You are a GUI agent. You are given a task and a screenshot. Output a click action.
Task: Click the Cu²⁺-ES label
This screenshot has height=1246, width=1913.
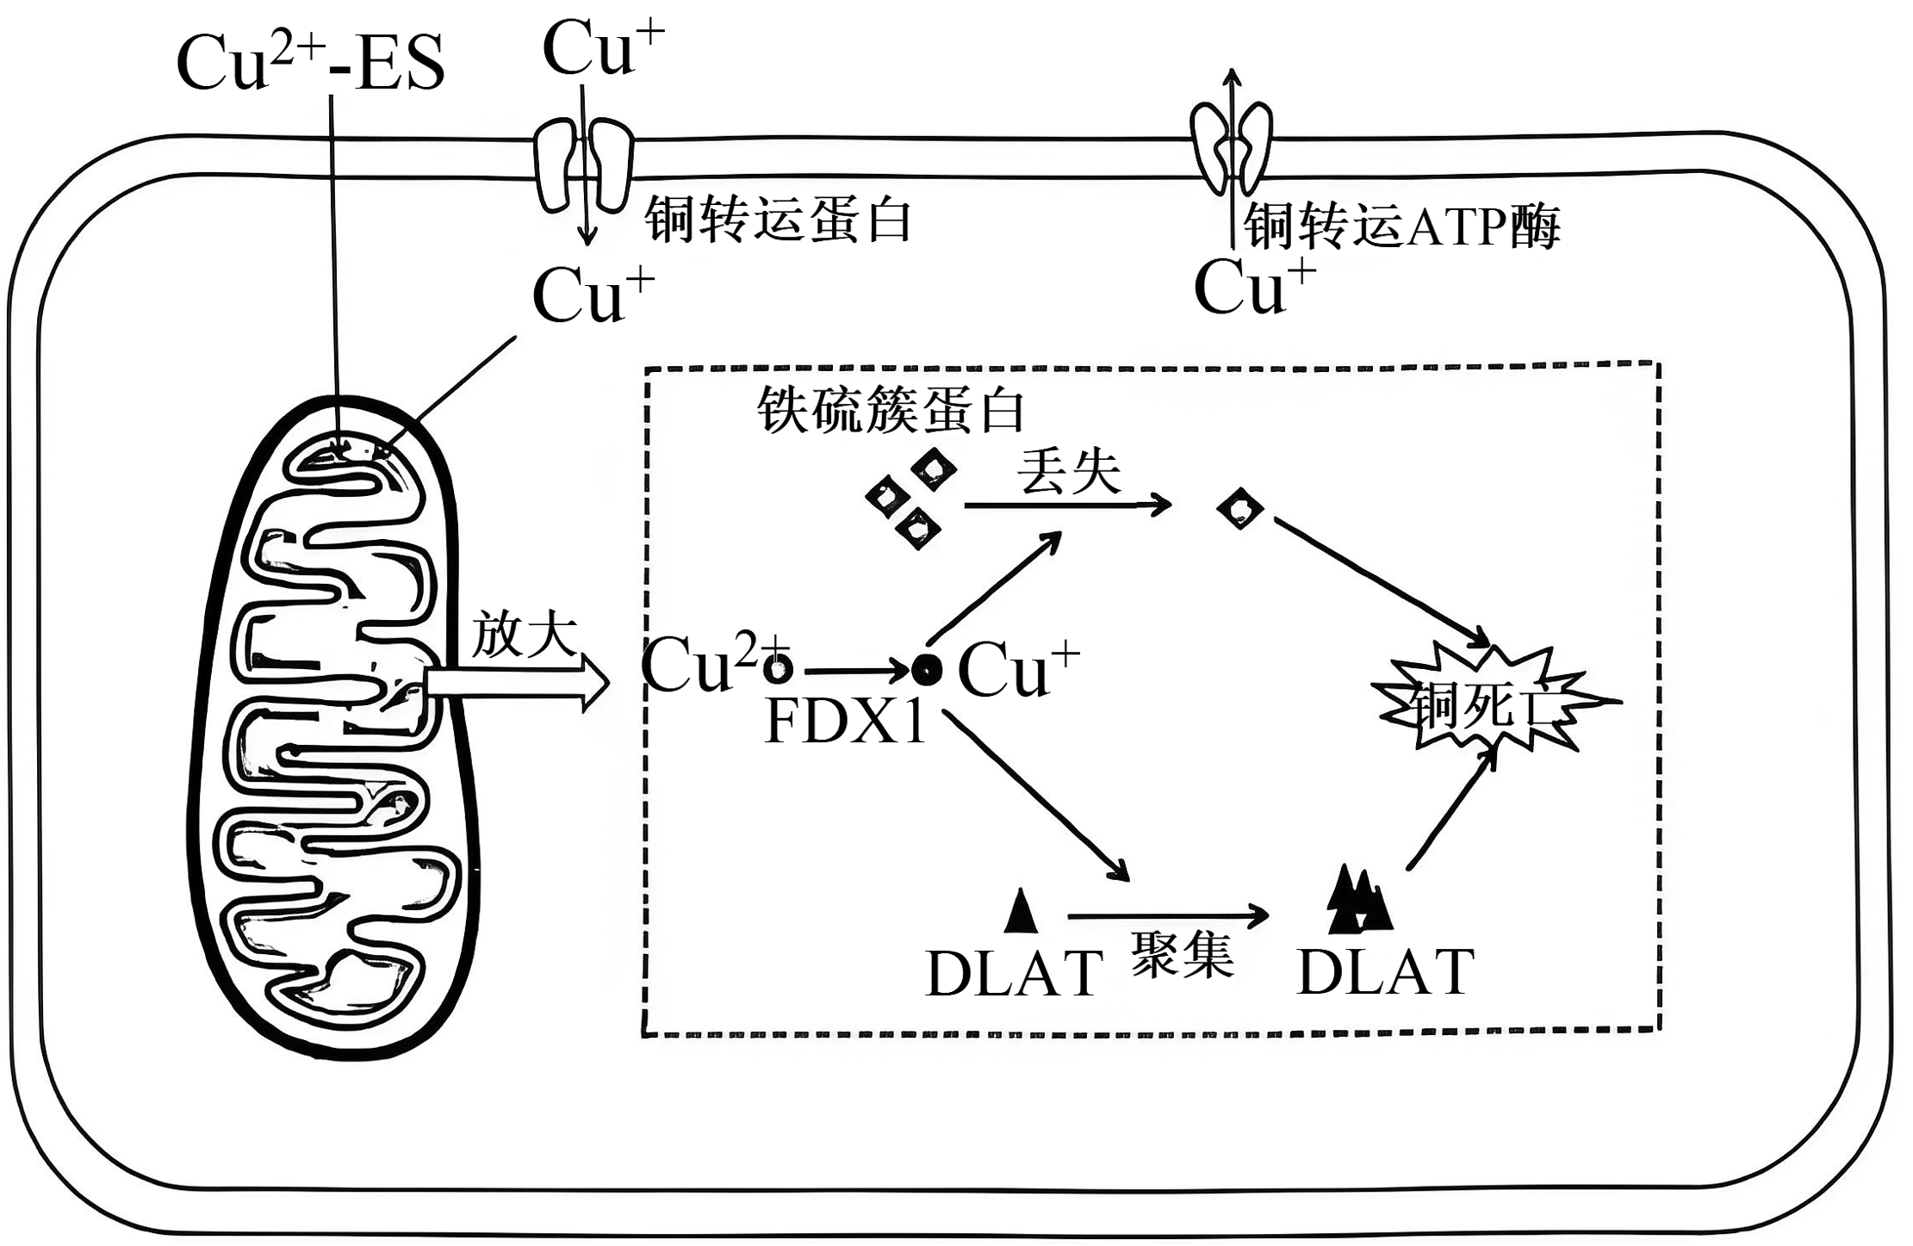310,65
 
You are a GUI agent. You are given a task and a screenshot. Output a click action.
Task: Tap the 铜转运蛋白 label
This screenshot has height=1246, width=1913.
778,220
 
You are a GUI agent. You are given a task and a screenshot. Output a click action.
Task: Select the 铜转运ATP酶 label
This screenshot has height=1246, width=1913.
1401,226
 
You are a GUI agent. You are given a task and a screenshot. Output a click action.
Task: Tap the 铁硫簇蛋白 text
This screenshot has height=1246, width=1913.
891,410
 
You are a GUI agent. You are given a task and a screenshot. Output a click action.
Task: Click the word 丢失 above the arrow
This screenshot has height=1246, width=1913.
1069,471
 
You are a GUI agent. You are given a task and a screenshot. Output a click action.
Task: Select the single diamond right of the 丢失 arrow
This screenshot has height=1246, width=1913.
1240,510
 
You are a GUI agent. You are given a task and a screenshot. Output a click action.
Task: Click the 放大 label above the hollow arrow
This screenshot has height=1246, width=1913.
524,635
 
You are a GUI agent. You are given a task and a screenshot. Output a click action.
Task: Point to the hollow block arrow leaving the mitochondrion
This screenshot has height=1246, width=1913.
517,683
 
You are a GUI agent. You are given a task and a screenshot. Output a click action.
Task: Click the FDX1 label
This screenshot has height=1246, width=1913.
845,722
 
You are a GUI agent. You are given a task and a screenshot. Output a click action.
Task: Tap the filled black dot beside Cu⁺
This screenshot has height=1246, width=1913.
927,669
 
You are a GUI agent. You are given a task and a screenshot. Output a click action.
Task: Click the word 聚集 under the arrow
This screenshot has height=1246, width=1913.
1183,955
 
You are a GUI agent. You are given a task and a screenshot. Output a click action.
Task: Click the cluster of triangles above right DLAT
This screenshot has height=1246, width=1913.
1358,902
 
